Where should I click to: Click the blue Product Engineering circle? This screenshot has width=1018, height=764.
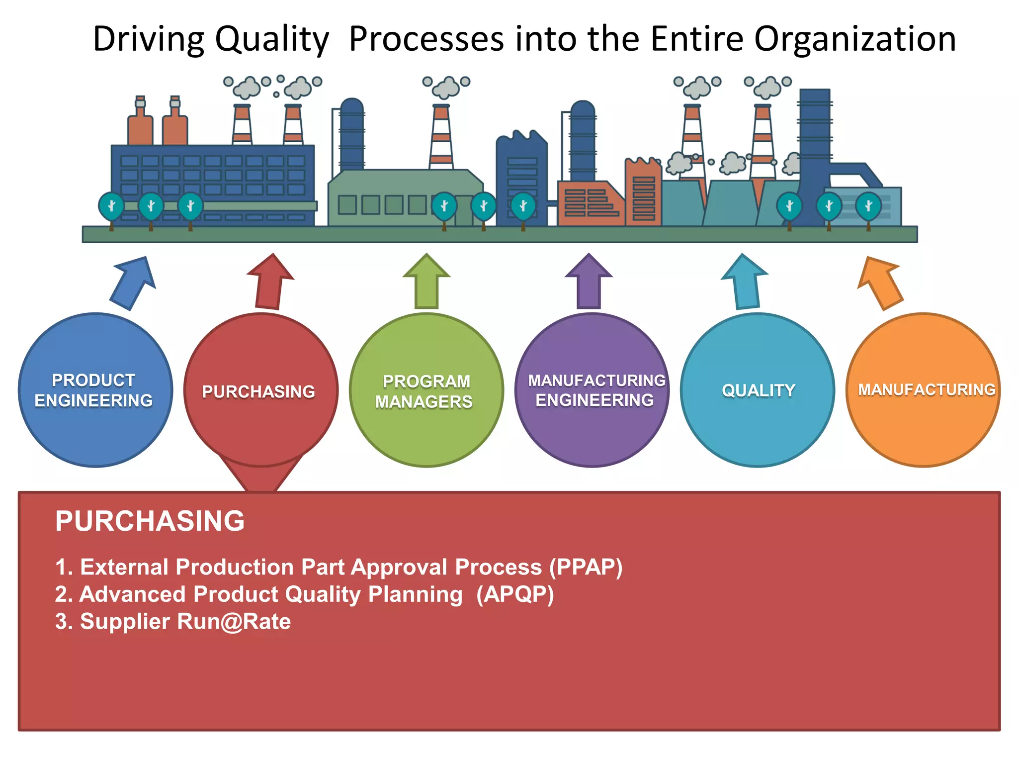pyautogui.click(x=95, y=390)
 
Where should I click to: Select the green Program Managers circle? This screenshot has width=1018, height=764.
pyautogui.click(x=426, y=390)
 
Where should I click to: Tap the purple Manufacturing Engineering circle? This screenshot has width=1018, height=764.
pyautogui.click(x=592, y=390)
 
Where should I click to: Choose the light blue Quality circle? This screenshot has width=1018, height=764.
pyautogui.click(x=758, y=390)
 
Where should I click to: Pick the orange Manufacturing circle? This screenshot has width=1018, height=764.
pyautogui.click(x=923, y=390)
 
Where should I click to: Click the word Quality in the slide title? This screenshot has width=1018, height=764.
pyautogui.click(x=272, y=39)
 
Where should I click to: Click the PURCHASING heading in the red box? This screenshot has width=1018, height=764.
pyautogui.click(x=150, y=521)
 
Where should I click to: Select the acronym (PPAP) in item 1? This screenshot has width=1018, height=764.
pyautogui.click(x=586, y=567)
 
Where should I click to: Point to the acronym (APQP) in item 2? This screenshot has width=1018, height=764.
pyautogui.click(x=515, y=594)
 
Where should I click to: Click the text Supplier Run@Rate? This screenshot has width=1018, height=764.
pyautogui.click(x=185, y=622)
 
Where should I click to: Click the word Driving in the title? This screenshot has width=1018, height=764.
pyautogui.click(x=149, y=39)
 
